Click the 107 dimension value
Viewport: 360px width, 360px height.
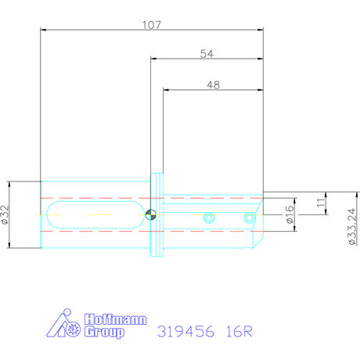pos(152,25)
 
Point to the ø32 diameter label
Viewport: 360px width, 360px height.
pos(7,215)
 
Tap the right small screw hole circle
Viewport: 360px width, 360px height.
pos(250,218)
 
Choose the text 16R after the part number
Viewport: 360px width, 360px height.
pos(236,330)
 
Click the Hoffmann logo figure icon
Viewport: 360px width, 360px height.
pos(65,325)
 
